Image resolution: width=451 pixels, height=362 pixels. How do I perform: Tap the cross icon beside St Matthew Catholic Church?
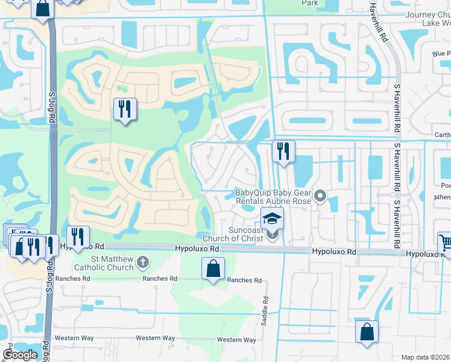pyautogui.click(x=142, y=262)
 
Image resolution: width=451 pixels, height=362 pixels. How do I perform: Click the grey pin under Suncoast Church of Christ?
pyautogui.click(x=272, y=236)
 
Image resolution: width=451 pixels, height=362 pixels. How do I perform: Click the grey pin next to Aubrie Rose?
pyautogui.click(x=320, y=195)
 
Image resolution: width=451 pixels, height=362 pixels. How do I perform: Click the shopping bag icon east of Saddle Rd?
pyautogui.click(x=367, y=332)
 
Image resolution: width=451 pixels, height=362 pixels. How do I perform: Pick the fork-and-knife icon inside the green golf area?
pyautogui.click(x=125, y=109)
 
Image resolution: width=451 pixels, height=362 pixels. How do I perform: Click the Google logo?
pyautogui.click(x=20, y=355)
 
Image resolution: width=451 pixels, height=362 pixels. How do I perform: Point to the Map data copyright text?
pyautogui.click(x=426, y=357)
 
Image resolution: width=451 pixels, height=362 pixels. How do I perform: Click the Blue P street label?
pyautogui.click(x=441, y=54)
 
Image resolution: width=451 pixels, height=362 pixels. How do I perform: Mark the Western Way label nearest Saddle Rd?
pyautogui.click(x=236, y=340)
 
